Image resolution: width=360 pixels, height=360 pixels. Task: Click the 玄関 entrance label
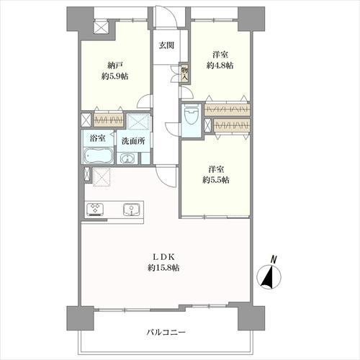pos(166,45)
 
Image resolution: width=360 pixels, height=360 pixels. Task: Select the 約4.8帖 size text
pos(220,66)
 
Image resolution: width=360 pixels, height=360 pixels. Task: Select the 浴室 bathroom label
pos(96,141)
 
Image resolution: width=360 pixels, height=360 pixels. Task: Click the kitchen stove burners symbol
pos(96,210)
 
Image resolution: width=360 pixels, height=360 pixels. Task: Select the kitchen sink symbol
pos(132,210)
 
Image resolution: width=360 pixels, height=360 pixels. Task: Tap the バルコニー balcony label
pos(167,333)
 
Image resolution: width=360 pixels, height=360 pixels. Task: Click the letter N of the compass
pos(273,259)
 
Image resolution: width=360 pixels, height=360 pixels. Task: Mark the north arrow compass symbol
pos(268,276)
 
